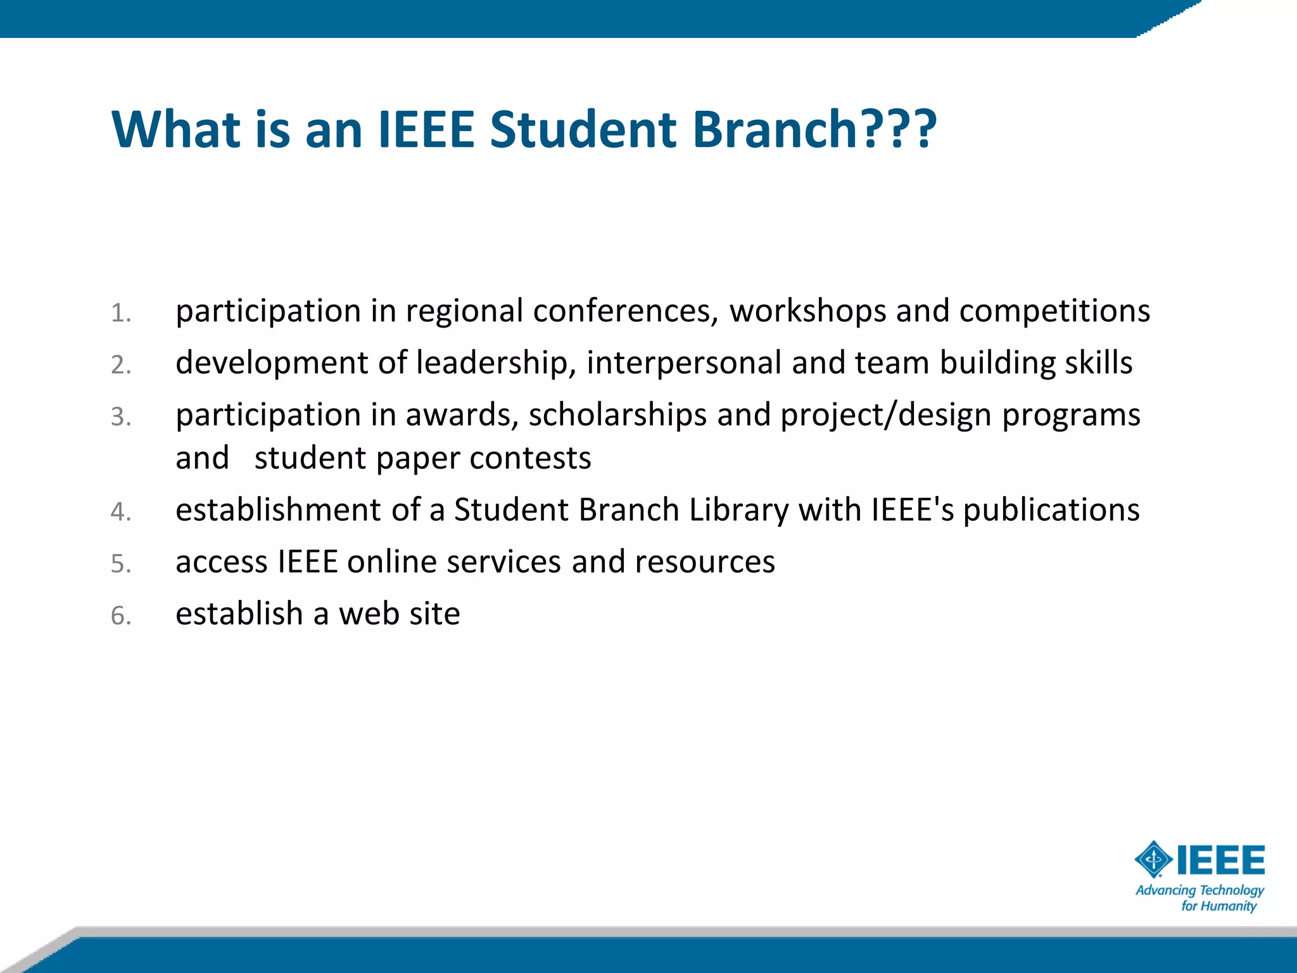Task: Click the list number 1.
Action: click(120, 314)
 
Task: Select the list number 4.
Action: click(120, 512)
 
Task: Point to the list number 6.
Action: click(120, 616)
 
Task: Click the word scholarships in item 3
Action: click(617, 415)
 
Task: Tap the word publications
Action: click(1051, 510)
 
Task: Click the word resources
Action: click(705, 562)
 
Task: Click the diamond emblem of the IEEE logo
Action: click(1153, 860)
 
